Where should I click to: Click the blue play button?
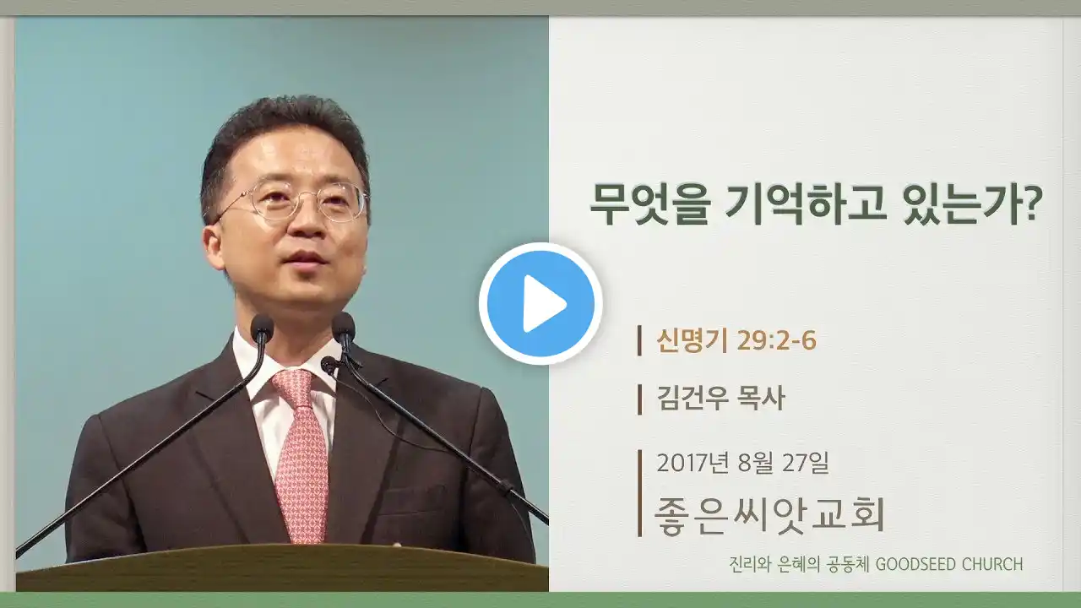click(540, 304)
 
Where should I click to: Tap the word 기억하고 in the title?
click(806, 204)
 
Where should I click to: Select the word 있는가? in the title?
click(973, 204)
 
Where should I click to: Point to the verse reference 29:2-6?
click(777, 340)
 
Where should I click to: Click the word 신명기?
click(692, 340)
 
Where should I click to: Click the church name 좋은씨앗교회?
click(769, 515)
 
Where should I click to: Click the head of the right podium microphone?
click(344, 325)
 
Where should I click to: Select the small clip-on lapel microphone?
click(329, 365)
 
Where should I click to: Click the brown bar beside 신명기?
click(639, 340)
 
